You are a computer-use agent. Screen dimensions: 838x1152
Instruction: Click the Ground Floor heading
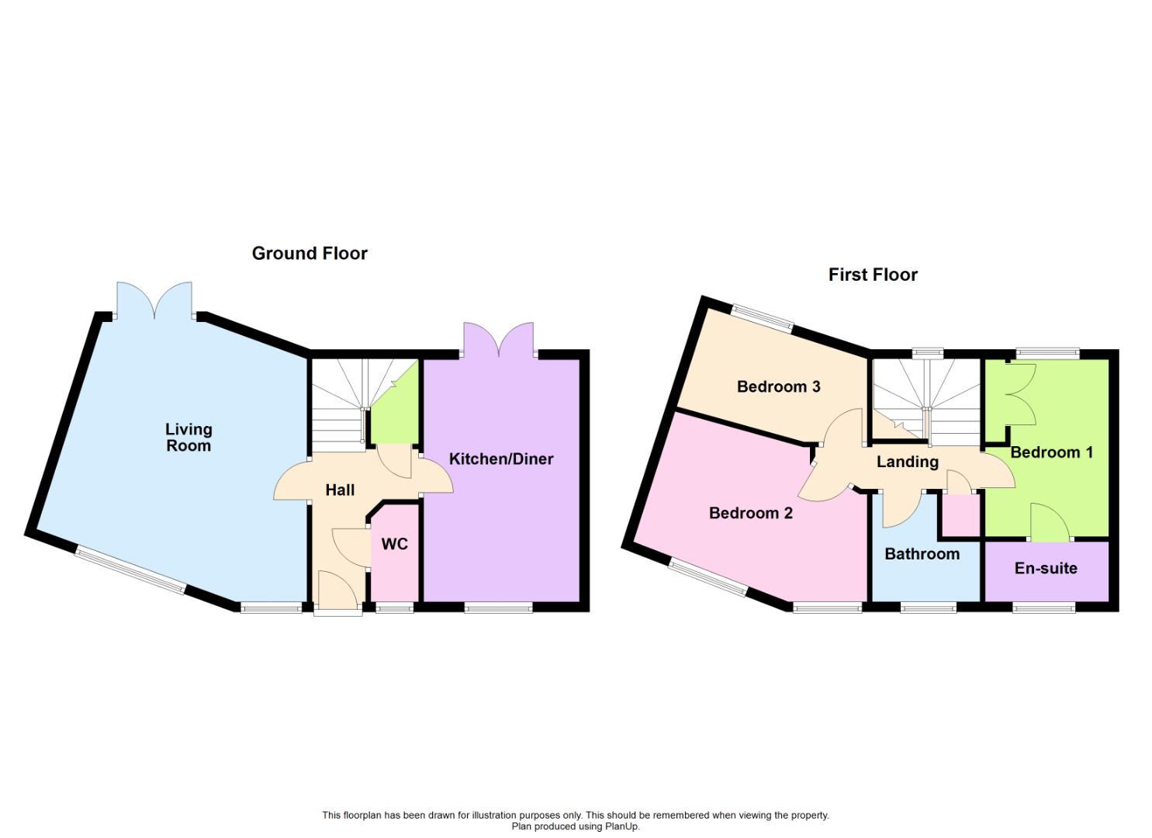(x=310, y=253)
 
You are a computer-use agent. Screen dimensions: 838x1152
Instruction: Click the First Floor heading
(x=873, y=275)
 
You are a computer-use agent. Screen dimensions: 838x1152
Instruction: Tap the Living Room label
(x=189, y=437)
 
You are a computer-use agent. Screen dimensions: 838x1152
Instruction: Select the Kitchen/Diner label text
(x=501, y=459)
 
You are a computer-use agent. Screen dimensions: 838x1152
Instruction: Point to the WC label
(x=395, y=544)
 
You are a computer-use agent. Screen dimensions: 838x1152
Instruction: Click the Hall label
(x=340, y=490)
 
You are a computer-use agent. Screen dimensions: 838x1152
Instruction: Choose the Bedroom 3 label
(x=778, y=386)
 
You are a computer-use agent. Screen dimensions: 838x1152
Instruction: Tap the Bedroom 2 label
(x=750, y=513)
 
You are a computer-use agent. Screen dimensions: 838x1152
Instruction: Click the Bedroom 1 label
(x=1051, y=452)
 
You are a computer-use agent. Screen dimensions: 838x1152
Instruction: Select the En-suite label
(x=1046, y=568)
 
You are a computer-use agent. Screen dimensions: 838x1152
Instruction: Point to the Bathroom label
(x=922, y=554)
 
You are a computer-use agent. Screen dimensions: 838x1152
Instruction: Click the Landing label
(x=907, y=462)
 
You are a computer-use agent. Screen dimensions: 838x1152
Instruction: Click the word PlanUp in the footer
(x=621, y=826)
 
